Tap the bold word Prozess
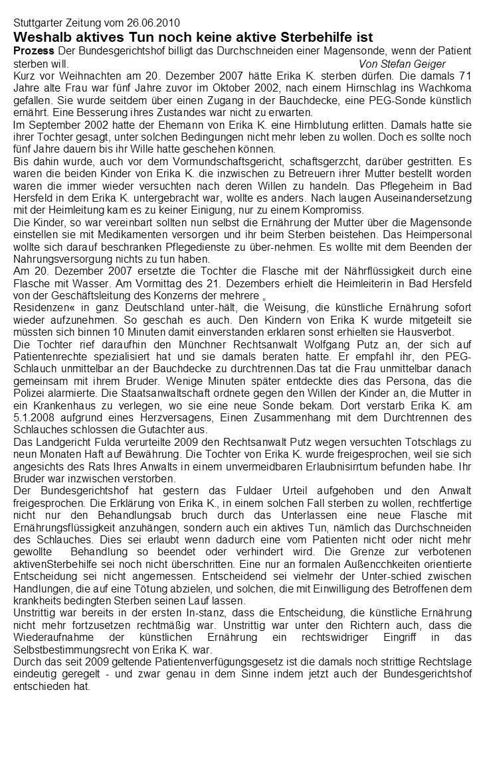(x=34, y=51)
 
